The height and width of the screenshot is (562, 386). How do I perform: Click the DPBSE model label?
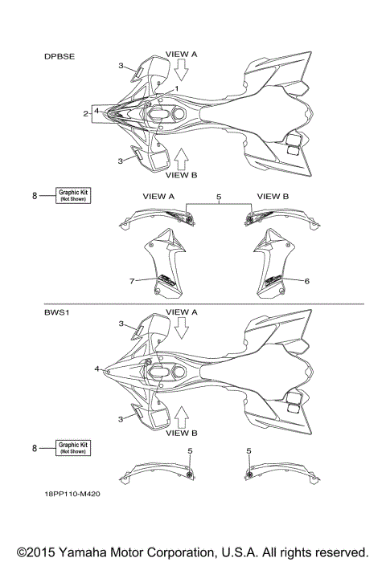[60, 57]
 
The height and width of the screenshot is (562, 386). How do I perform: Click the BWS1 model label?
[57, 312]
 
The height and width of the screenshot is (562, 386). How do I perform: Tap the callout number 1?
[176, 88]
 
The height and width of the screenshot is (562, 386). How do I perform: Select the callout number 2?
[85, 114]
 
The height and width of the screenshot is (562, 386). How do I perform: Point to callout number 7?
[132, 281]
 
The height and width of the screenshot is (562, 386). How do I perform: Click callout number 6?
[306, 281]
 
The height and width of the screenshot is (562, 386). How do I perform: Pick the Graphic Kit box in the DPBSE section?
[73, 195]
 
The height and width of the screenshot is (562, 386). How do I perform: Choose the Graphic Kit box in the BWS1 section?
[73, 448]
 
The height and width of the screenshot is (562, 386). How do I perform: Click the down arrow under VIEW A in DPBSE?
[182, 70]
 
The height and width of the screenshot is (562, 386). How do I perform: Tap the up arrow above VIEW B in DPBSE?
[182, 159]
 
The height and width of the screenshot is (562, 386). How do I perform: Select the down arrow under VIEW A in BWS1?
[182, 328]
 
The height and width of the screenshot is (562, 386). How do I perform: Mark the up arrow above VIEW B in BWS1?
[182, 417]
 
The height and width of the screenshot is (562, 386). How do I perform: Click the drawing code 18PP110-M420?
[72, 494]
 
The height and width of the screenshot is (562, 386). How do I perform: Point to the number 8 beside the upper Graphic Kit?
[35, 196]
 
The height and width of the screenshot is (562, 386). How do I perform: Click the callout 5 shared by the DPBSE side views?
[219, 197]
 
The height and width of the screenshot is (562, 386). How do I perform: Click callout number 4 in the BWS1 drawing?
[96, 369]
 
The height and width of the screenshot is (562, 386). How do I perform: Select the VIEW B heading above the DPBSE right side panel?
[273, 197]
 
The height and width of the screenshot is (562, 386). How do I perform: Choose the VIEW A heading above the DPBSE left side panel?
[158, 197]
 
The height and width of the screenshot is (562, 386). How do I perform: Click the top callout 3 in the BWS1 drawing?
[121, 324]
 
